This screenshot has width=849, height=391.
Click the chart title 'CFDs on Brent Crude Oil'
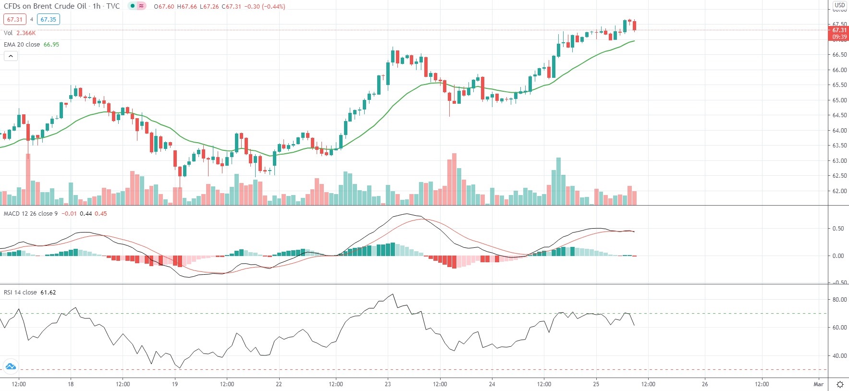45,6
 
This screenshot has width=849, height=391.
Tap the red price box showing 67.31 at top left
14,20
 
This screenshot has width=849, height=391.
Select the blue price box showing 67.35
48,20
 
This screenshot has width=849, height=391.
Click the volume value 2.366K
26,33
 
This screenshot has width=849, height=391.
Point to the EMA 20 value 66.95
51,45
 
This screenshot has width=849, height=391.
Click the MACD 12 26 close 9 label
31,214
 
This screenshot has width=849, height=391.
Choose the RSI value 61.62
48,293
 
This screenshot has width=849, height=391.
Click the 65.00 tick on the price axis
839,100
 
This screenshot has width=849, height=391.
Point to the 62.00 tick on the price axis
839,191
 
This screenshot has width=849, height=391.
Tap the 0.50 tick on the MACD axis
838,229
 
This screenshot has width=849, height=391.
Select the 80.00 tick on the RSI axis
839,300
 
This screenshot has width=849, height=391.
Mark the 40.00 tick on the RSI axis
839,356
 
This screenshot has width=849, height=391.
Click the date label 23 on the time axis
388,384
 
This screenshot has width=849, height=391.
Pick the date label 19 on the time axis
175,384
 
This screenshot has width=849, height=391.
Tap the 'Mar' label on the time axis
818,384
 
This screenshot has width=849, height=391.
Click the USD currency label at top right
839,5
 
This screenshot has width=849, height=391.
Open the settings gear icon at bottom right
840,384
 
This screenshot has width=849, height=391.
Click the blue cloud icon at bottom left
11,367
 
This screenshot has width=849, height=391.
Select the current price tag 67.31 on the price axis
839,30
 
